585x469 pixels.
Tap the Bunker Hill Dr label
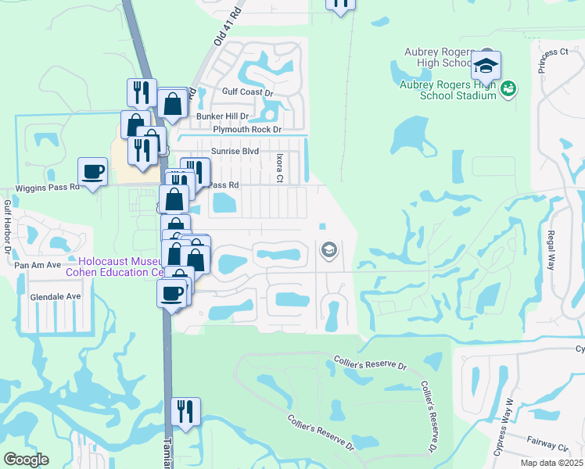pyautogui.click(x=222, y=116)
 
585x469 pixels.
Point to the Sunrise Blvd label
pyautogui.click(x=234, y=151)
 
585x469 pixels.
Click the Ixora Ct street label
pyautogui.click(x=279, y=168)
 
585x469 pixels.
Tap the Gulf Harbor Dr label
pyautogui.click(x=7, y=227)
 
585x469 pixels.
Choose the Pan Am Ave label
pyautogui.click(x=38, y=265)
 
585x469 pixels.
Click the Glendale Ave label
pyautogui.click(x=56, y=297)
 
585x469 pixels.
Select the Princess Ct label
pyautogui.click(x=552, y=52)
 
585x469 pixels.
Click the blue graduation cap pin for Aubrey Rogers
pyautogui.click(x=486, y=66)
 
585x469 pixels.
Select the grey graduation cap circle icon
pyautogui.click(x=329, y=250)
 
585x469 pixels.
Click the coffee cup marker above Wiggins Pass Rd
pyautogui.click(x=92, y=171)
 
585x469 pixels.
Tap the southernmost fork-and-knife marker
pyautogui.click(x=185, y=411)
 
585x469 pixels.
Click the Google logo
pyautogui.click(x=26, y=460)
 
